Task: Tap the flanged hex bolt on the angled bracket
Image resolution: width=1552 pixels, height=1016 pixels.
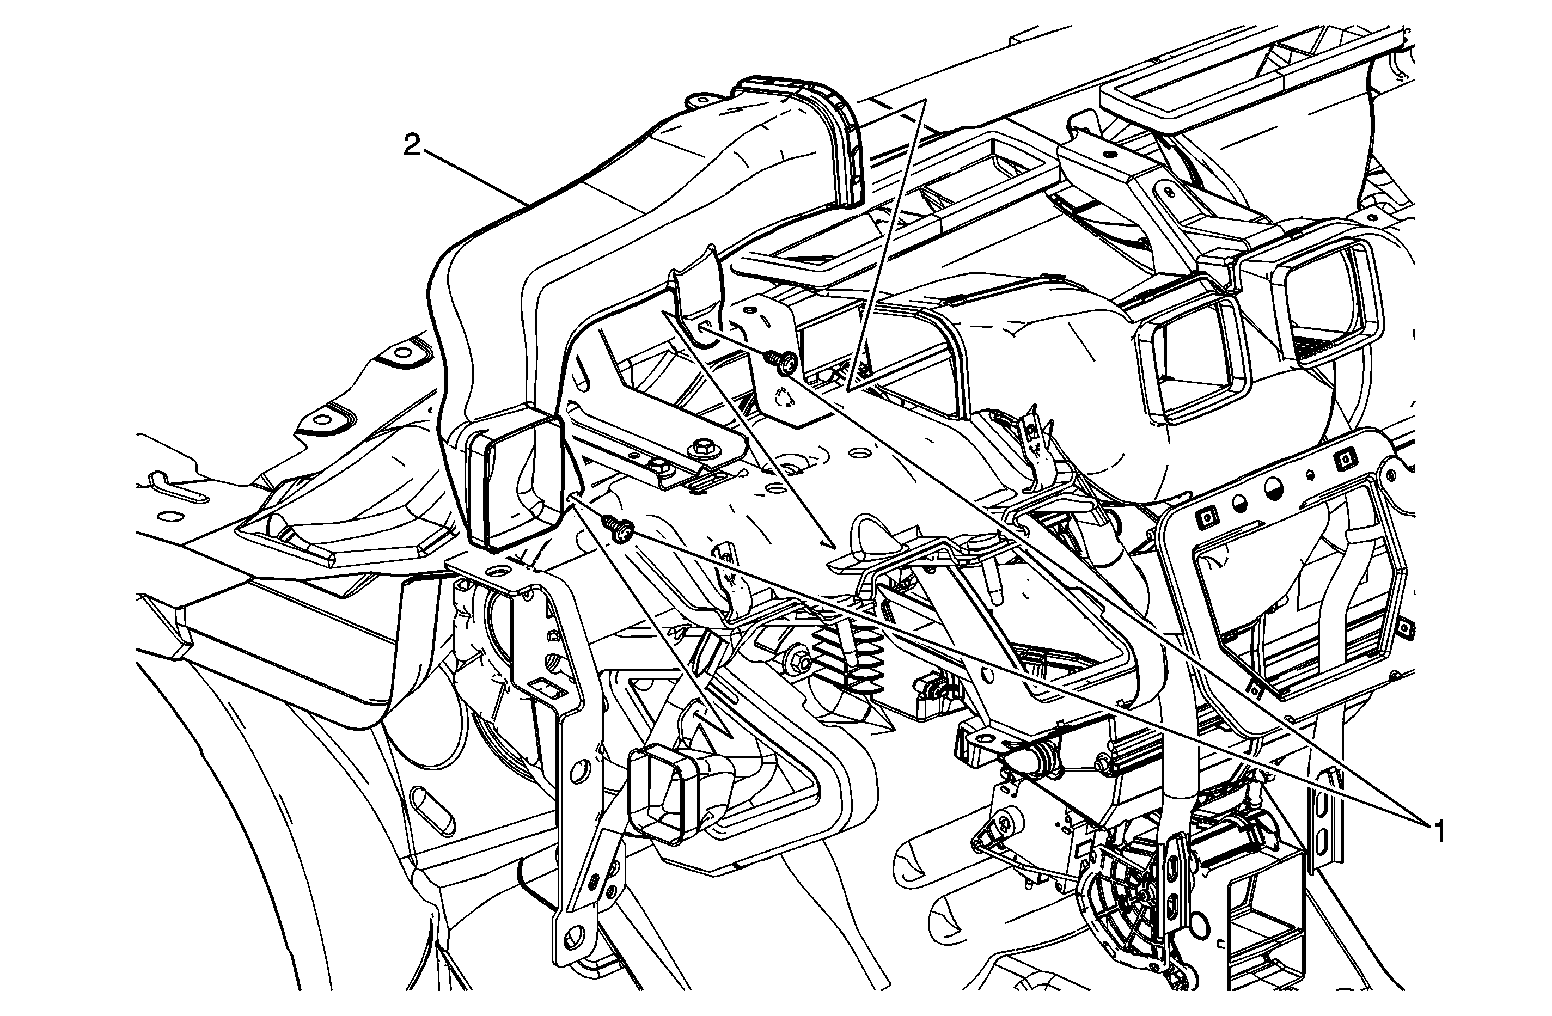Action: point(704,448)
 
